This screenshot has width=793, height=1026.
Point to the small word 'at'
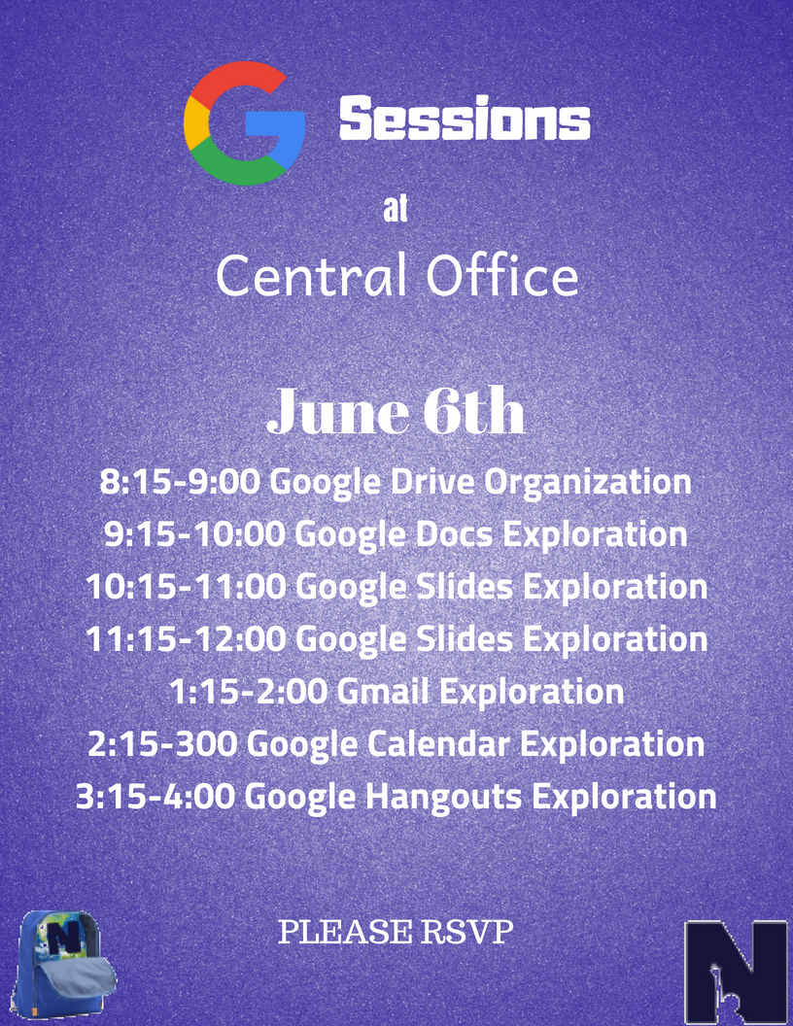click(396, 210)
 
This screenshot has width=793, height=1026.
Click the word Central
click(311, 276)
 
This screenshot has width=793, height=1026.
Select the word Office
click(502, 275)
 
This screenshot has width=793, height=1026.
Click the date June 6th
click(396, 411)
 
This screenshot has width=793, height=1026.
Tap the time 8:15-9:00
click(180, 482)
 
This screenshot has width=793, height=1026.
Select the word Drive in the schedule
click(432, 482)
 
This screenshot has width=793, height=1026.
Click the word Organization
click(588, 483)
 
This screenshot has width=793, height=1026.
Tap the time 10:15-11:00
click(186, 586)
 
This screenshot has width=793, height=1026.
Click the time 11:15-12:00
click(186, 638)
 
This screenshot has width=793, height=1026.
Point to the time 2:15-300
click(162, 744)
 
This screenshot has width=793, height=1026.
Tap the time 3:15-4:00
click(155, 797)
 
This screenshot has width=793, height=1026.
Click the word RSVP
click(466, 932)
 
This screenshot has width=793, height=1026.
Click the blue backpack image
click(63, 966)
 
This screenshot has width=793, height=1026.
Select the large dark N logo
click(736, 973)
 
